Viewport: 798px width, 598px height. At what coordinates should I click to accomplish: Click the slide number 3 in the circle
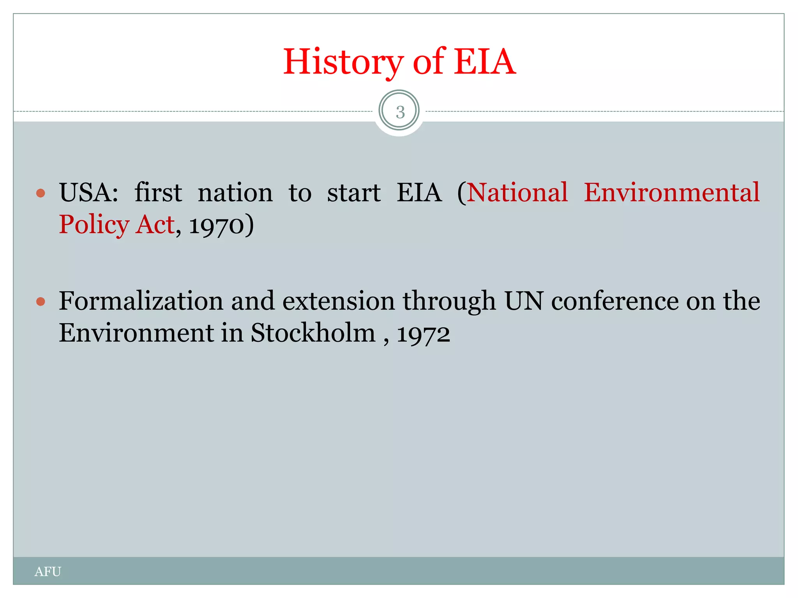(x=399, y=112)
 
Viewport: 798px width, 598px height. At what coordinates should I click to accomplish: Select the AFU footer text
(x=48, y=572)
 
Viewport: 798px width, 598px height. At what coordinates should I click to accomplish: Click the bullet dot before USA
(x=41, y=193)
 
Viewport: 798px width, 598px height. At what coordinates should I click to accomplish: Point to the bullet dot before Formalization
(x=41, y=301)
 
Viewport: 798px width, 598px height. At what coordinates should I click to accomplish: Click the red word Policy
(x=94, y=225)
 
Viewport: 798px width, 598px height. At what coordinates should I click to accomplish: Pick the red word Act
(x=155, y=225)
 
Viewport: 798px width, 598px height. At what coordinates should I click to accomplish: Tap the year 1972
(x=424, y=334)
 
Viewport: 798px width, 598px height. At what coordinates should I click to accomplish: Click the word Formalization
(x=141, y=301)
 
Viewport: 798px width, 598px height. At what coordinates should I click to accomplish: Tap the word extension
(x=338, y=301)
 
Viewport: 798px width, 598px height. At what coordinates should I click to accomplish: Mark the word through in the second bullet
(x=449, y=302)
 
